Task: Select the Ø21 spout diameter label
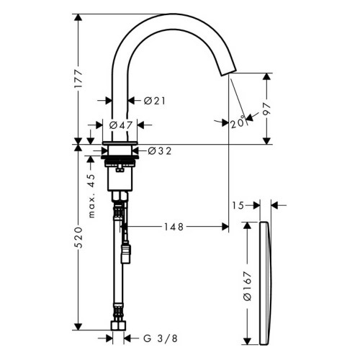155,102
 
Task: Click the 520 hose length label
81,238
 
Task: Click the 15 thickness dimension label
238,205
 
